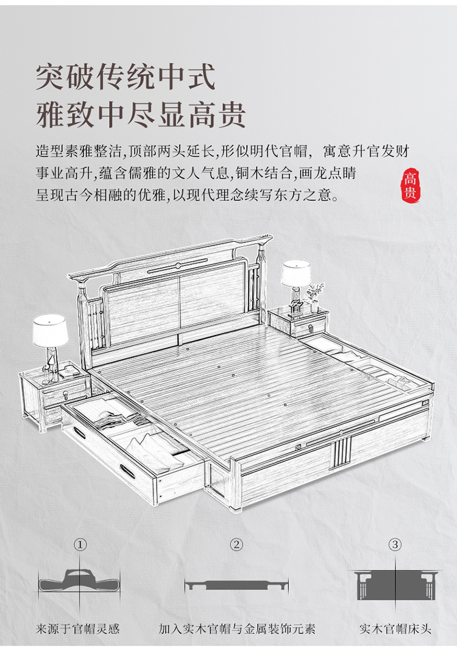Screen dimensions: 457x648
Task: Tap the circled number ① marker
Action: click(x=80, y=544)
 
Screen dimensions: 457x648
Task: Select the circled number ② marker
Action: click(x=236, y=544)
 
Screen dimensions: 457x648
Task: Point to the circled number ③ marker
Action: click(x=395, y=544)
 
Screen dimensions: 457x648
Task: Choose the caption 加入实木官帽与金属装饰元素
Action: click(x=236, y=628)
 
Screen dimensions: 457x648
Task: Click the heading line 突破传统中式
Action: click(x=126, y=77)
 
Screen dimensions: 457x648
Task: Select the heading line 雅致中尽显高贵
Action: click(x=141, y=113)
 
